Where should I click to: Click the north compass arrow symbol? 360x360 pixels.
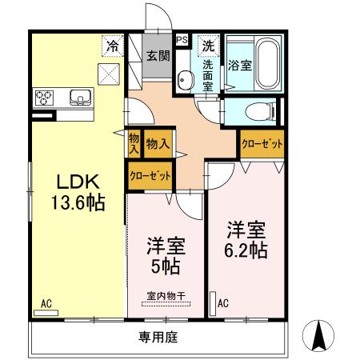318,336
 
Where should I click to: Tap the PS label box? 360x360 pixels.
182,40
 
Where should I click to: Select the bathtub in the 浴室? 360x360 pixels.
267,63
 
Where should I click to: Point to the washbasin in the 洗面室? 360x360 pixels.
183,79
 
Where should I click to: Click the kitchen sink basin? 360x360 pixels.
80,98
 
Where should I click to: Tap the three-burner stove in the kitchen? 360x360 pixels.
44,98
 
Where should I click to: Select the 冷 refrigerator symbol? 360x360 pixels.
113,46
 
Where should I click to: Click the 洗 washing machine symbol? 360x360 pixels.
209,46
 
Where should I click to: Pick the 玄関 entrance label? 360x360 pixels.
158,56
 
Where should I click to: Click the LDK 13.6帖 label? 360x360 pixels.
78,192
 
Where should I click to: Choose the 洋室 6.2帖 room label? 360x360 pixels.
246,240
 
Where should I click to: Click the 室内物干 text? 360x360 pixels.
166,296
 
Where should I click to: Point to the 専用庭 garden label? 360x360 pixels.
158,337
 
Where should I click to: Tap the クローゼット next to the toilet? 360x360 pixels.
262,144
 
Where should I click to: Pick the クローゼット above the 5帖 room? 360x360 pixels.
150,176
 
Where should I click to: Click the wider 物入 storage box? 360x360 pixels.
158,144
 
